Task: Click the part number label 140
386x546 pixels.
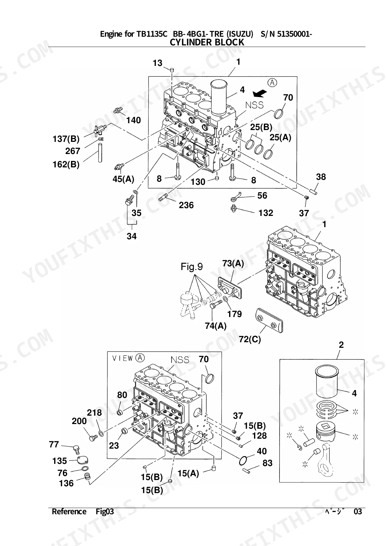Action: [x=134, y=120]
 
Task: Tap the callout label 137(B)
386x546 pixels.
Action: [x=66, y=139]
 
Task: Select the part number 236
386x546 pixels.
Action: [x=186, y=205]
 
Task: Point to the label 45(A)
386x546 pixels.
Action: [x=124, y=179]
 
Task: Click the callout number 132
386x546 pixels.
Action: [x=266, y=213]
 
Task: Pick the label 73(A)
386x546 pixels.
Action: [x=233, y=264]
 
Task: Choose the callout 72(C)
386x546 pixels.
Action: [x=250, y=339]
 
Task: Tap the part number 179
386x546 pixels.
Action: [x=234, y=314]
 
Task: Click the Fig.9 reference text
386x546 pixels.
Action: [x=192, y=267]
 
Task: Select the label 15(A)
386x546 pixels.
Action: [x=188, y=474]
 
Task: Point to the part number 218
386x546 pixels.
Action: [x=94, y=413]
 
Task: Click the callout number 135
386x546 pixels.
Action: [x=59, y=461]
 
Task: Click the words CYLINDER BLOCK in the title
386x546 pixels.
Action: [x=207, y=43]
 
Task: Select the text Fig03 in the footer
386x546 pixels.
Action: [x=105, y=512]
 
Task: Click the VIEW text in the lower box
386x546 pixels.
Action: [x=123, y=358]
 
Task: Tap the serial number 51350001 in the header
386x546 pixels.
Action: [x=294, y=34]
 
